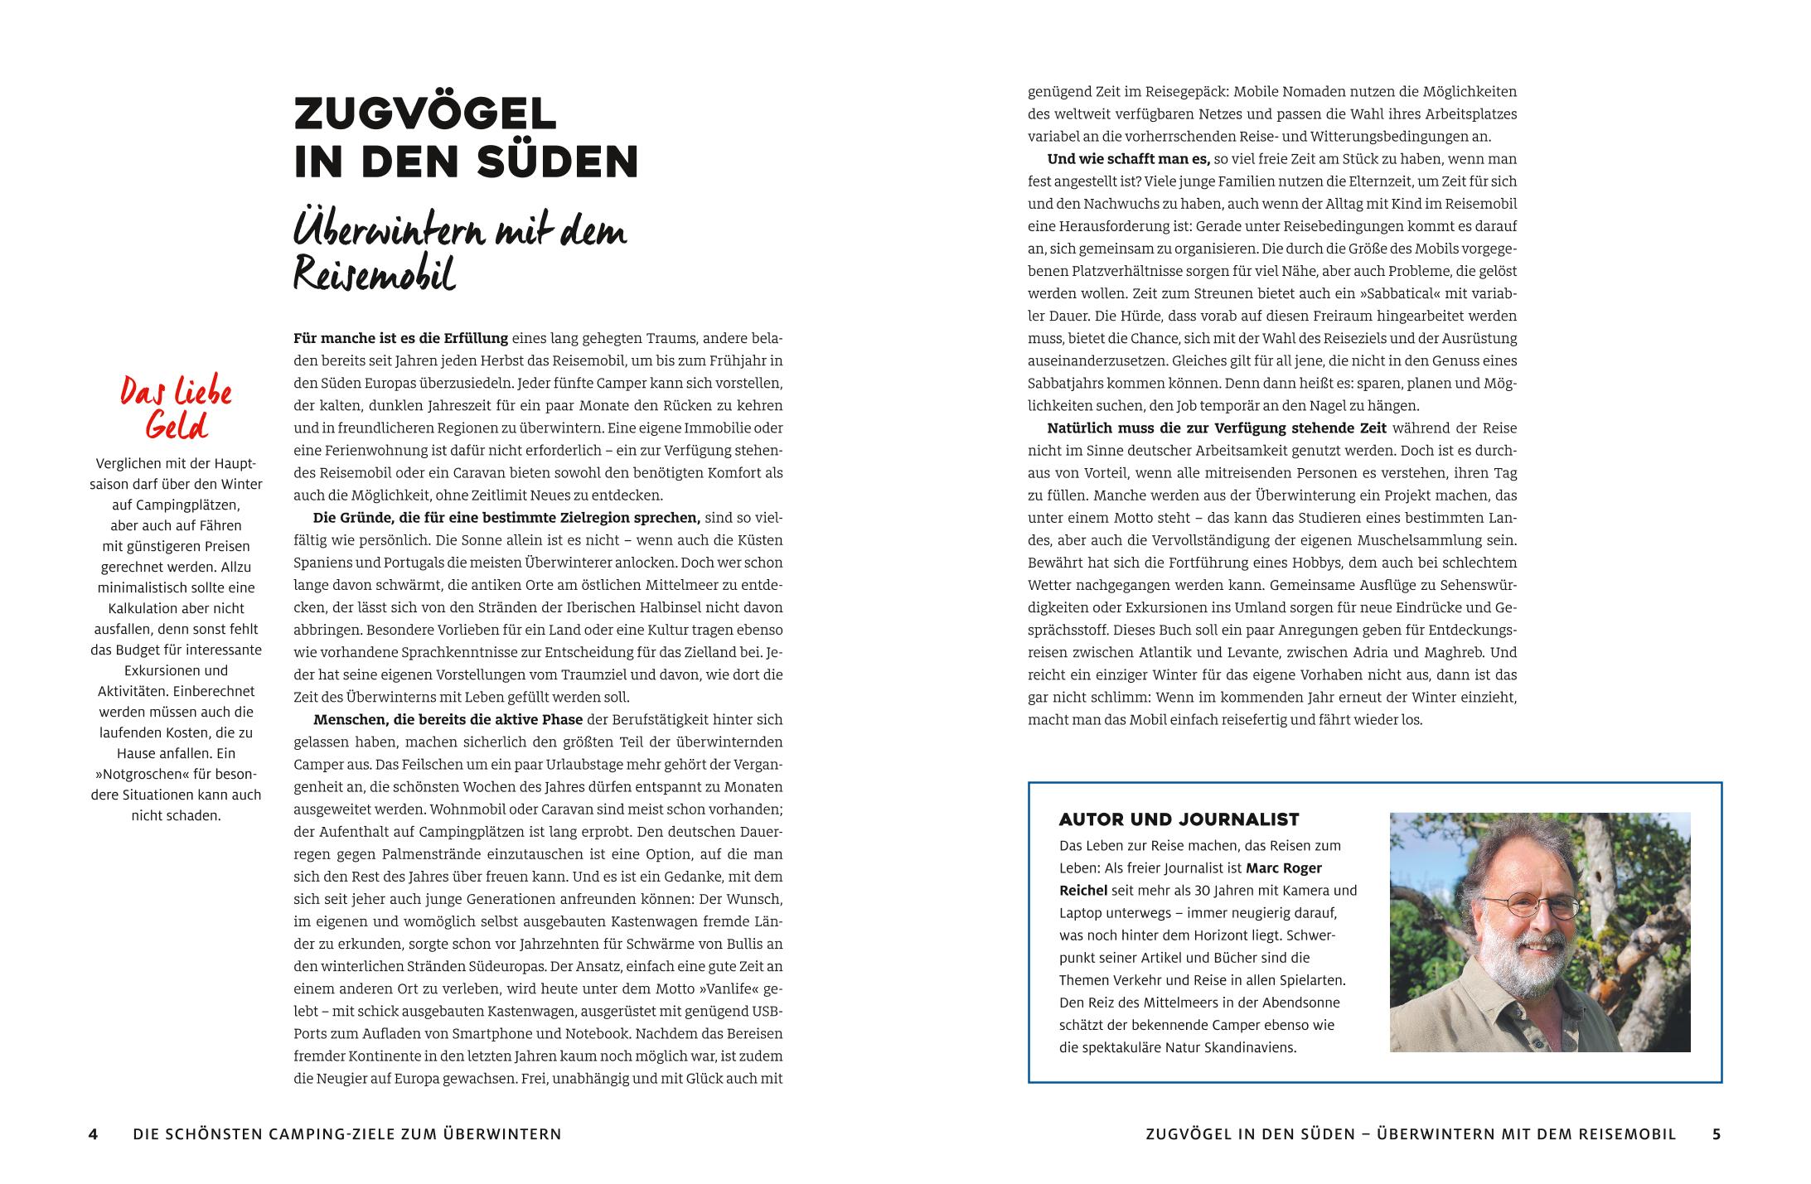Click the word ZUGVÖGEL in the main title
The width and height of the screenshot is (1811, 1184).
point(424,114)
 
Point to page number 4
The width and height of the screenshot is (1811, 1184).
point(94,1134)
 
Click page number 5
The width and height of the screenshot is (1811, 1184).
point(1717,1134)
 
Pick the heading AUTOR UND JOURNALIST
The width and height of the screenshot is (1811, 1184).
point(1179,819)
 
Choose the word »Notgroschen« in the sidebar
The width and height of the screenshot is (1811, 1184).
point(138,774)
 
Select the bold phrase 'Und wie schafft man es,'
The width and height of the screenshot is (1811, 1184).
point(1128,158)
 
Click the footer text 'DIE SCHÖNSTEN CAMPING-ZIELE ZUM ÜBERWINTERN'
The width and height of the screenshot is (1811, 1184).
point(346,1134)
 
